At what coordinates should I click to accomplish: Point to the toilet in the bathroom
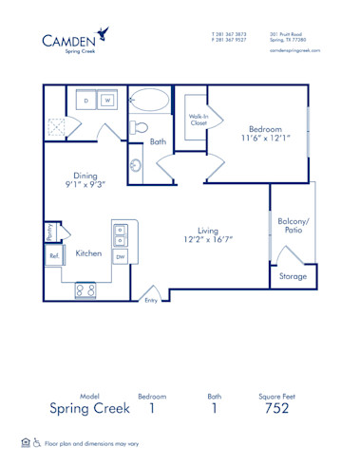point(142,126)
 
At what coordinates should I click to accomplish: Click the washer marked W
point(108,101)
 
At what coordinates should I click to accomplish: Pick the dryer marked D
point(86,101)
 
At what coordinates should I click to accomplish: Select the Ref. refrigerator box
point(54,254)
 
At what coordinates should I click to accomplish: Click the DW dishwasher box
point(121,256)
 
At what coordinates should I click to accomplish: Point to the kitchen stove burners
point(85,290)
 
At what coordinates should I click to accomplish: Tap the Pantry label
point(49,232)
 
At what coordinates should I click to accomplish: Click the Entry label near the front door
point(150,300)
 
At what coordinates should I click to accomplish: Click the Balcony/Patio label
point(291,226)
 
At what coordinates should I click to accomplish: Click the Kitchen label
point(88,253)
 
